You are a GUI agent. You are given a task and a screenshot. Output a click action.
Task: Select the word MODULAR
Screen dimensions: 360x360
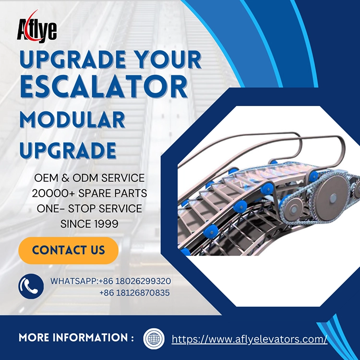coord(72,119)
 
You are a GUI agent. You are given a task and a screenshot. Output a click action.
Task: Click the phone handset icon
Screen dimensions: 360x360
coord(31,287)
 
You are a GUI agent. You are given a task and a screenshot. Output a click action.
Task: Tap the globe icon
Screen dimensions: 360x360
coord(154,338)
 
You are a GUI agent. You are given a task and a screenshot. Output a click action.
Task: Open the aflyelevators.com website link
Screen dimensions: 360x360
coord(249,339)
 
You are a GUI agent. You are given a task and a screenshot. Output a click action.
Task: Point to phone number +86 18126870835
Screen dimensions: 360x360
coord(134,292)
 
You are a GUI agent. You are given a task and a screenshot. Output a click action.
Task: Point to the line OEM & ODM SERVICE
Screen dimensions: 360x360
coord(89,178)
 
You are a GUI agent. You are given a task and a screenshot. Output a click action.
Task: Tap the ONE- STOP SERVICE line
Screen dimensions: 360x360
coord(89,209)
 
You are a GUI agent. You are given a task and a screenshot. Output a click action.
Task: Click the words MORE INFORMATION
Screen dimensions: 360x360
coord(76,337)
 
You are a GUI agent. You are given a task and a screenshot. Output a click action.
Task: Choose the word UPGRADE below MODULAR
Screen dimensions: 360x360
coord(68,150)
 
